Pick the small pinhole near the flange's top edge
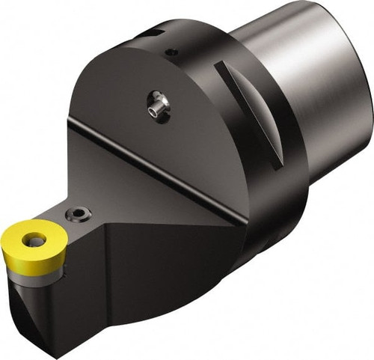click(172, 52)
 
